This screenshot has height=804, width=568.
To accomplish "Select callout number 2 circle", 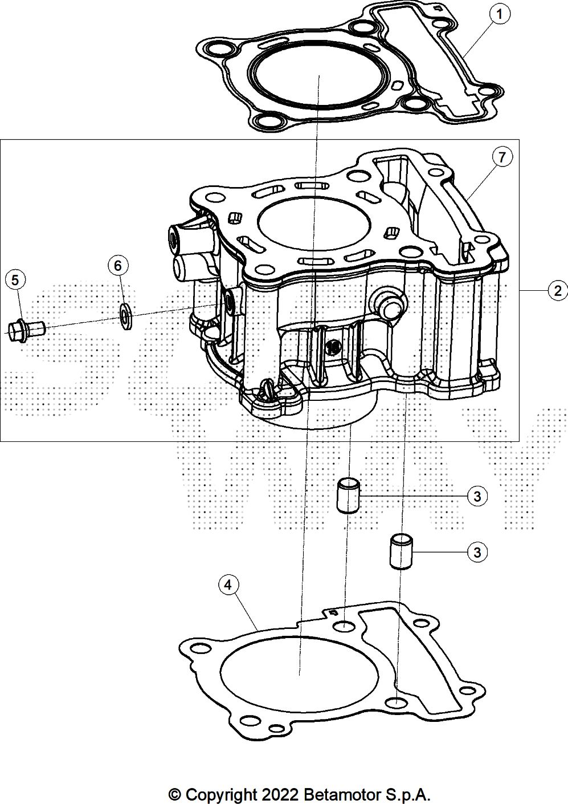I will pos(557,291).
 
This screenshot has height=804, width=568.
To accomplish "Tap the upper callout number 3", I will pos(477,496).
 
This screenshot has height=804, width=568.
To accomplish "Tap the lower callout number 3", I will pos(477,552).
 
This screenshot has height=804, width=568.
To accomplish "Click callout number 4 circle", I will pos(228,584).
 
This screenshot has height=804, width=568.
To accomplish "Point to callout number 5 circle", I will pos(15,280).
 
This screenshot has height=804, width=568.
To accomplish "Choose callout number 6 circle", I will pos(118,265).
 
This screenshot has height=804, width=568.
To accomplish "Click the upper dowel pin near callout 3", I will pos(348,495).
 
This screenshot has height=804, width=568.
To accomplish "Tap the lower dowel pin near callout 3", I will pos(401,551).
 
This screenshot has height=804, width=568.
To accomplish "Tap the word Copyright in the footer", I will pos(222,794).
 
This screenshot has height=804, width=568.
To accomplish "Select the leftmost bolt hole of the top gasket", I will pos(215,47).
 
